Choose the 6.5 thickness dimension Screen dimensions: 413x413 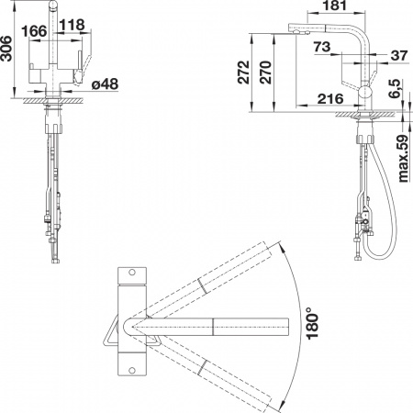click(x=392, y=91)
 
